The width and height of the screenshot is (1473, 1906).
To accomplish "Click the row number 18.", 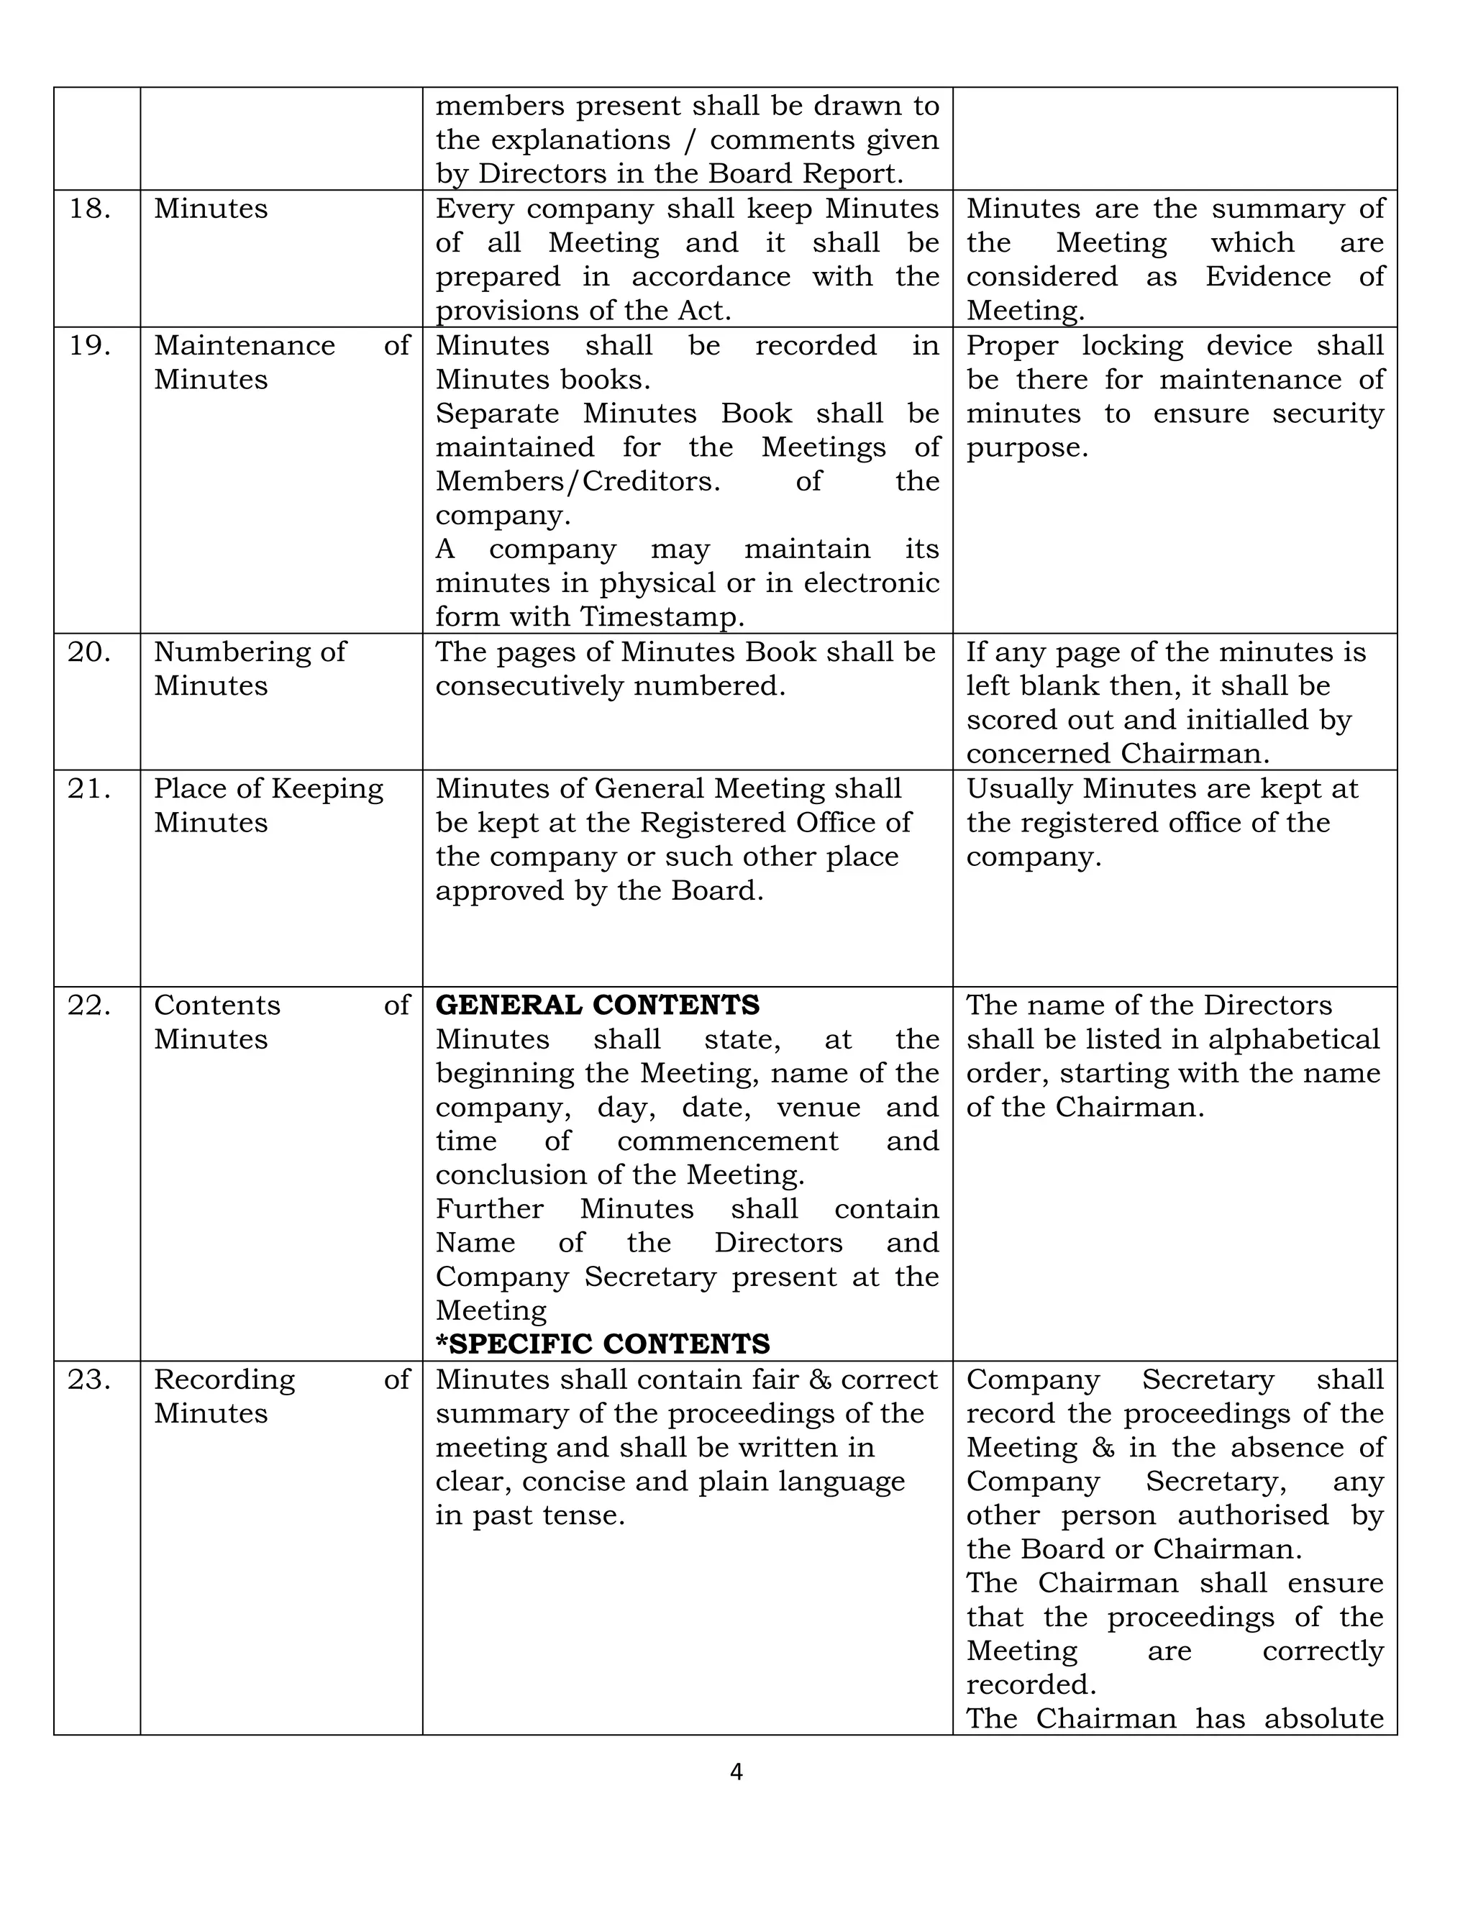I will tap(89, 209).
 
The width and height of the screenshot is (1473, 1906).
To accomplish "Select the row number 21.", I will tap(89, 789).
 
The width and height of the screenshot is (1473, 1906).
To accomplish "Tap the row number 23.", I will tap(89, 1380).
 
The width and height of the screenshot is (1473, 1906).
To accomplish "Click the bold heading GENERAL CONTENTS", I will tap(597, 1006).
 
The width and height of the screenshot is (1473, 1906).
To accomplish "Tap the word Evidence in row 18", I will tap(1268, 277).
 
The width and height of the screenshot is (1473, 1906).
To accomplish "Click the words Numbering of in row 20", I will tap(250, 652).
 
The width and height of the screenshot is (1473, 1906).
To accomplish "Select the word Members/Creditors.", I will tap(578, 481).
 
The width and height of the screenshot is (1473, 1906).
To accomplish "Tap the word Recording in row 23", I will tap(224, 1380).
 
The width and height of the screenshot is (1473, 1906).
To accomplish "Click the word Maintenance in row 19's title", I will tap(245, 345).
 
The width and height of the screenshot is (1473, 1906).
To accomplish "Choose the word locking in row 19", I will tap(1132, 345).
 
